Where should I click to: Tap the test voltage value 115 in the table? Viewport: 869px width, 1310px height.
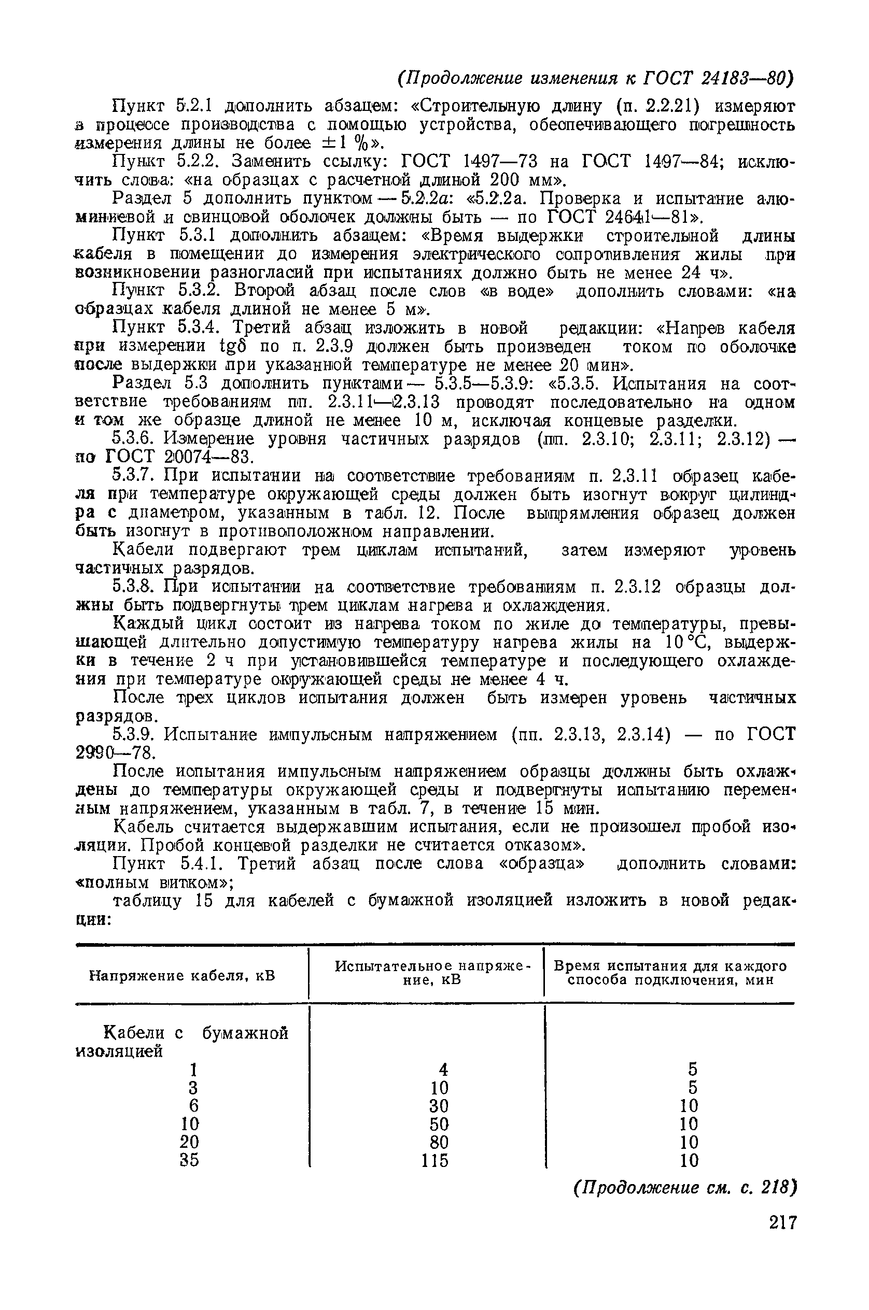(434, 1160)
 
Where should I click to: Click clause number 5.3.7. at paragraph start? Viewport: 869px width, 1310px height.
(135, 476)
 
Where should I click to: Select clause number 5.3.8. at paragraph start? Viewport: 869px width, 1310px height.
(135, 587)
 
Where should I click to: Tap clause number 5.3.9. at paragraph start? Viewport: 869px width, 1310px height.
(135, 735)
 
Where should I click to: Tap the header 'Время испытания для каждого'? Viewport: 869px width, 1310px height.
(670, 966)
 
